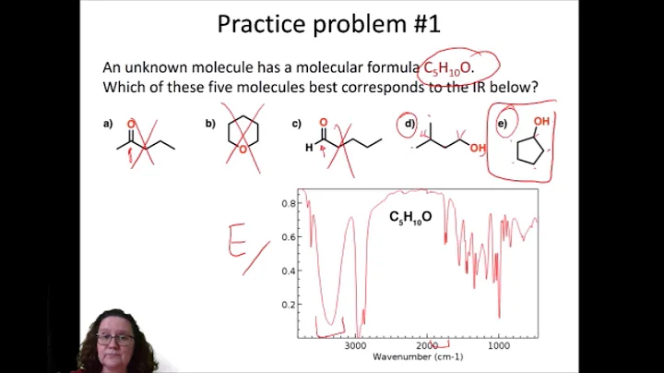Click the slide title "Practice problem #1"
pos(332,24)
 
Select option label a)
pos(108,123)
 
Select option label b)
pos(210,123)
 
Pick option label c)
pos(296,123)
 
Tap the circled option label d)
pos(407,123)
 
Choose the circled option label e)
pos(503,123)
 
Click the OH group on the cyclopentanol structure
pos(542,122)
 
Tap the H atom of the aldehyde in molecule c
pos(309,147)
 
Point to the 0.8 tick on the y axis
pos(289,203)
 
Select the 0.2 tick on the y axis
pos(289,304)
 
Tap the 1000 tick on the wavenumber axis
pos(499,346)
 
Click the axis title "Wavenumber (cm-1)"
pos(417,357)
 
